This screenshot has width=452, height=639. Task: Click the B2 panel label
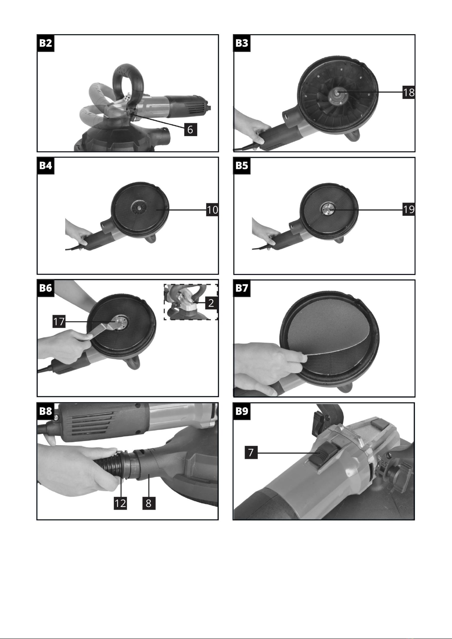click(x=46, y=43)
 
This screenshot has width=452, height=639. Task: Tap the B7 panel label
click(x=242, y=288)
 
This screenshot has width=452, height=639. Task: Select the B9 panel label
click(x=242, y=411)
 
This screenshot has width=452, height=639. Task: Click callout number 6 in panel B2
click(x=190, y=130)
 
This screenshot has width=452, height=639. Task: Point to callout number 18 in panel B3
click(x=409, y=93)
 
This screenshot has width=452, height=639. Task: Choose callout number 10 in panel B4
click(x=212, y=210)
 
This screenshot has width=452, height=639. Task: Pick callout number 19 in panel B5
click(x=409, y=210)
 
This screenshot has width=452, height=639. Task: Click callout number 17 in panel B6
click(x=59, y=322)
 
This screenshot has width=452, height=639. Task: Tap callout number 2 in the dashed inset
click(x=211, y=303)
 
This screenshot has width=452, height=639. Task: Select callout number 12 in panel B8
click(x=120, y=503)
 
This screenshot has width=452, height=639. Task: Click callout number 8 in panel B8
click(x=149, y=503)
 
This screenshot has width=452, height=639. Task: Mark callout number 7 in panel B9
click(x=251, y=452)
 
